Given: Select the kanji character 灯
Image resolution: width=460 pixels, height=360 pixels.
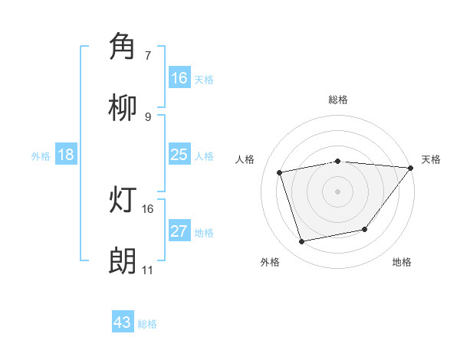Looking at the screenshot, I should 123,199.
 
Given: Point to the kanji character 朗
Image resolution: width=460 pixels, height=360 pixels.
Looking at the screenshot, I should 123,260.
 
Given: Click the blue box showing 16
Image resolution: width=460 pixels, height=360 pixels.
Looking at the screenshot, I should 179,77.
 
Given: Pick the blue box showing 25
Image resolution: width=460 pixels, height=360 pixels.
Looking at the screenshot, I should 179,155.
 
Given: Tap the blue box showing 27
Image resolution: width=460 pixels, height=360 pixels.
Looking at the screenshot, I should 179,231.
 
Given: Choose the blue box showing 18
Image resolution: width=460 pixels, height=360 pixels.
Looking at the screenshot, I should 66,155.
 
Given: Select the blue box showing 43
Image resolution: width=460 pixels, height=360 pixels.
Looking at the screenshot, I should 123,322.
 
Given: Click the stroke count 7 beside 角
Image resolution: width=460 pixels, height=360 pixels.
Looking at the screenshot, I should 148,55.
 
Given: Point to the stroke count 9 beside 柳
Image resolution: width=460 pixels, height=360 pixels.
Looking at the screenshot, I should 148,116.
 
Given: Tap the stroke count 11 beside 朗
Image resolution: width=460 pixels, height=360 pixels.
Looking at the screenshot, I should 147,270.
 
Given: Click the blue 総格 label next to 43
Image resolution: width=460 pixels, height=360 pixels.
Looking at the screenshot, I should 147,324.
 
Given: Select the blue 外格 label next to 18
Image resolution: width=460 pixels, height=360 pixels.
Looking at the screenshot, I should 41,156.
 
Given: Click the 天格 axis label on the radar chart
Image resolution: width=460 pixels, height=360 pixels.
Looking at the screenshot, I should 431,159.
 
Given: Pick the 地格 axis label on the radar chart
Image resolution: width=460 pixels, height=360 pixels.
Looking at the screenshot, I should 402,262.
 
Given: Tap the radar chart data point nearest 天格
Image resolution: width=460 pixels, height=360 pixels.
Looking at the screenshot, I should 412,168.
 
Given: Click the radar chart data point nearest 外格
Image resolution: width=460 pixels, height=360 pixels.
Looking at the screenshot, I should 302,242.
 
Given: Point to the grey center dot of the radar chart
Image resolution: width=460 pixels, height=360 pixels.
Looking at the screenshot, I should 337,191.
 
